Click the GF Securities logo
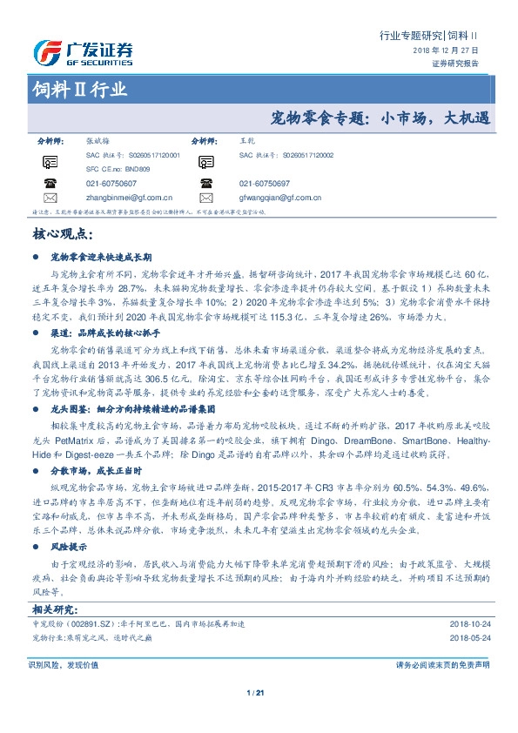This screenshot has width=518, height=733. coord(84,53)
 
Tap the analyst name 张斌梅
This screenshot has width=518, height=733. coord(97,139)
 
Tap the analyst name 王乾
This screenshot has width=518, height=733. coord(246,139)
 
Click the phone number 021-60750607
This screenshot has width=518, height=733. coord(111,184)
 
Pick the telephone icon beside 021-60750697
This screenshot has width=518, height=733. coord(206,184)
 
